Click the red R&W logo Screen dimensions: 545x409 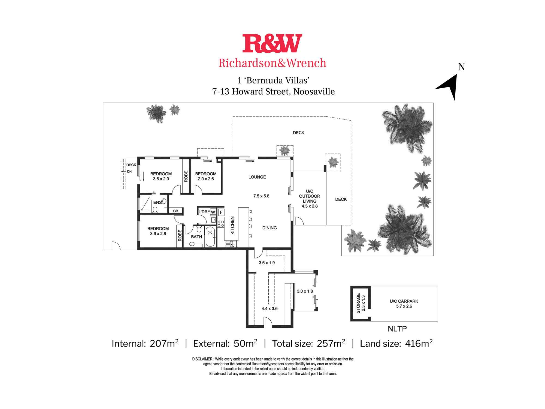tap(272, 43)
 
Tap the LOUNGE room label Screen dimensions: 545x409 tap(257, 177)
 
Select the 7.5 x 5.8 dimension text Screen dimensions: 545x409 tap(261, 196)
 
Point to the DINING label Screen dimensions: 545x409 tap(270, 228)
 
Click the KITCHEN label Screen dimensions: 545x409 tap(232, 225)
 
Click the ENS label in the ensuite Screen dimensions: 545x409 tap(157, 203)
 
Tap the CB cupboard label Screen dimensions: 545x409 tap(175, 211)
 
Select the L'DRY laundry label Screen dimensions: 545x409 tap(204, 212)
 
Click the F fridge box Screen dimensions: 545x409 tap(221, 212)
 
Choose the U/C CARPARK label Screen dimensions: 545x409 tap(404, 301)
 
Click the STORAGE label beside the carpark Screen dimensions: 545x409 tap(358, 303)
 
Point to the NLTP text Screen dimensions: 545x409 tap(397, 329)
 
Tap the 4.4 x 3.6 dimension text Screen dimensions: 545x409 tap(270, 309)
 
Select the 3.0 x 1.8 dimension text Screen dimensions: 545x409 tap(305, 291)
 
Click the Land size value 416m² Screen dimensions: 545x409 tap(419, 344)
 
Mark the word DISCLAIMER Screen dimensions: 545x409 tap(202, 359)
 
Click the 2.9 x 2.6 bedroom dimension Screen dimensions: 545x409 tap(206, 179)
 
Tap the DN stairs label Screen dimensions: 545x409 tap(129, 172)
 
